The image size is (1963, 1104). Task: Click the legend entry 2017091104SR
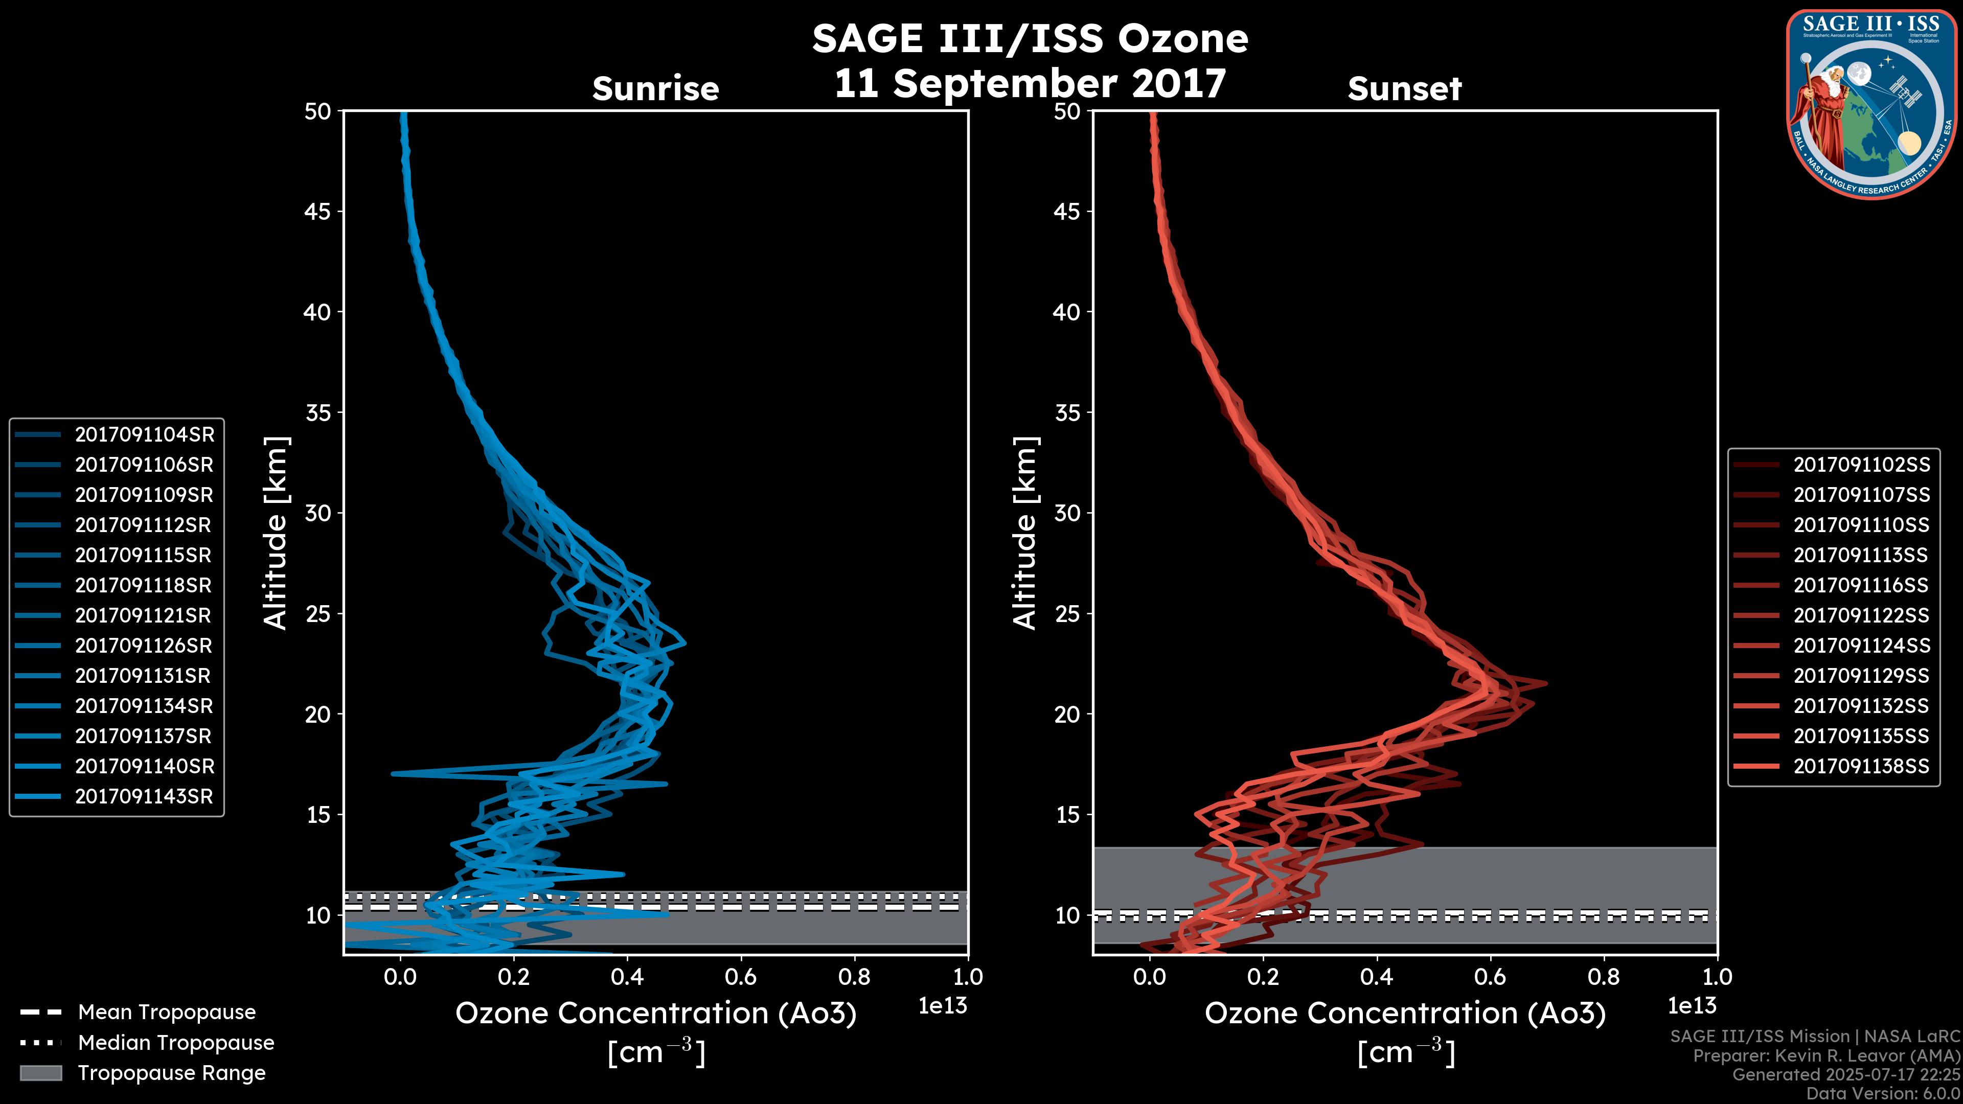[x=144, y=434]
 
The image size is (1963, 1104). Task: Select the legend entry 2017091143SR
[x=144, y=796]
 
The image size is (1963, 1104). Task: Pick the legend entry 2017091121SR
[x=144, y=615]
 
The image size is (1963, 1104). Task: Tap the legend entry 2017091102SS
[x=1861, y=465]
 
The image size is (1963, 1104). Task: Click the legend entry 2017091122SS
[x=1861, y=615]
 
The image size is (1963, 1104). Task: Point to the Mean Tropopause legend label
[x=167, y=1013]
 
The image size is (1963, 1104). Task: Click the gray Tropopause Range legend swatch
[x=40, y=1073]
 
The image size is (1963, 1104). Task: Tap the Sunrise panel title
[x=655, y=89]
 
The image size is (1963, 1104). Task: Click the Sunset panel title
[x=1404, y=89]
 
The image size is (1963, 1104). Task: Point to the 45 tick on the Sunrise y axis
[x=317, y=211]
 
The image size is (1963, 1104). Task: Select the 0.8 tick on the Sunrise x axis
[x=854, y=977]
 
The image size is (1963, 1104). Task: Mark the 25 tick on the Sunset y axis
[x=1067, y=613]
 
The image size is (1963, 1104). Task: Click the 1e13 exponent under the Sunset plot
[x=1692, y=1006]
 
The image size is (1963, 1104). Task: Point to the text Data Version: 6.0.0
[x=1882, y=1094]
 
